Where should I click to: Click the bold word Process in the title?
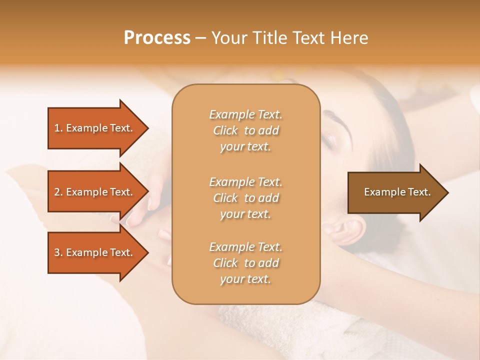(x=157, y=38)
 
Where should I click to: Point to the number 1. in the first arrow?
(x=58, y=128)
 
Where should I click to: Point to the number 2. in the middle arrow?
(x=58, y=192)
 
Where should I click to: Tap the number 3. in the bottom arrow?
(x=58, y=252)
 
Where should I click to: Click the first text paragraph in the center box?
(x=245, y=130)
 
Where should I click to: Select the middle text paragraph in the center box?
(x=245, y=198)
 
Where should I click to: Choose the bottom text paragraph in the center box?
(x=245, y=263)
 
